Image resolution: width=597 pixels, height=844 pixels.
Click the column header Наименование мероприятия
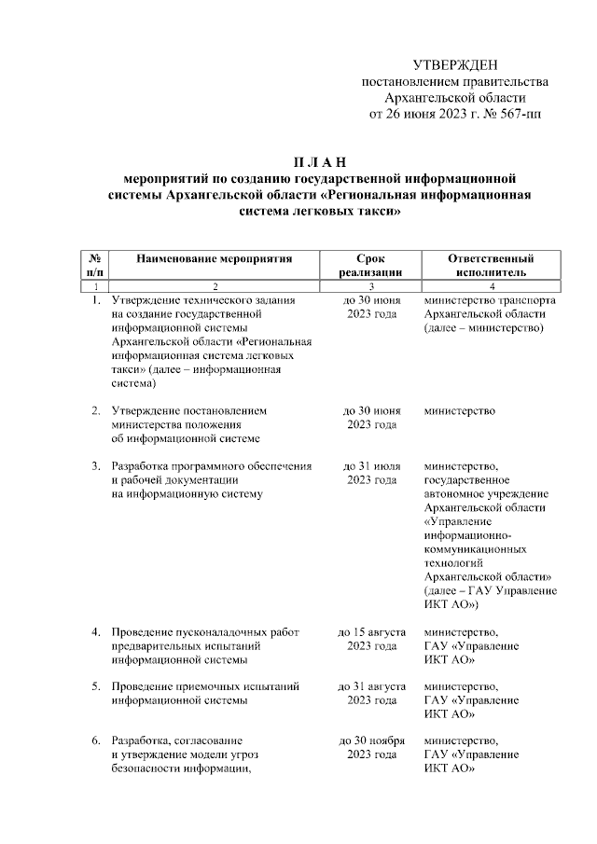(x=215, y=257)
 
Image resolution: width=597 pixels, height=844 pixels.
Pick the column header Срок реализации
(x=371, y=264)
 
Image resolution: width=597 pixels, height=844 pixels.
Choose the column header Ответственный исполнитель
(x=491, y=264)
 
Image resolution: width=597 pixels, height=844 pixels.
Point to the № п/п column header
(x=95, y=264)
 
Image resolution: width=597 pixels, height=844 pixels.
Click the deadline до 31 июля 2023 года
(x=372, y=472)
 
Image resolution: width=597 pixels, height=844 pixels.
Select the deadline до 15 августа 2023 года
(x=372, y=639)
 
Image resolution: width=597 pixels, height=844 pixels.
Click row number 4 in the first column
(x=95, y=632)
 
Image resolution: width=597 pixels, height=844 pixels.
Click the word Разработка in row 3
(x=140, y=464)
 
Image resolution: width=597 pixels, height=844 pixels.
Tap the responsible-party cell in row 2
(x=458, y=410)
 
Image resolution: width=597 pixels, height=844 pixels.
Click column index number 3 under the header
(x=371, y=285)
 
